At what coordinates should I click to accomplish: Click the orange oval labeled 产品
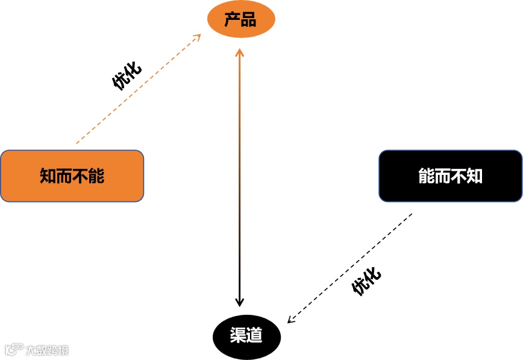[241, 20]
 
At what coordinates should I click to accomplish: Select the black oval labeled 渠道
[247, 335]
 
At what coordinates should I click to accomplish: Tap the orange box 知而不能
[72, 175]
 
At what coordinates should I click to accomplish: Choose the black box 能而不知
[451, 175]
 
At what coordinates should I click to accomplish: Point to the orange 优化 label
[127, 75]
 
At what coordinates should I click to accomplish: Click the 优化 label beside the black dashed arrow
[367, 281]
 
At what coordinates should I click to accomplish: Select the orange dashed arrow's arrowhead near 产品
[197, 37]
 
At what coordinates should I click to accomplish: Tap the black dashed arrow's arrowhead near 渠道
[290, 320]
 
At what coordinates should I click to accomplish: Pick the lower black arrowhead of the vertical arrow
[240, 303]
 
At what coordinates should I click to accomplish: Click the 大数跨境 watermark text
[47, 350]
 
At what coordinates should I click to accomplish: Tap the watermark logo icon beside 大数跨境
[13, 349]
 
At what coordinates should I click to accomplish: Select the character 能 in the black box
[427, 175]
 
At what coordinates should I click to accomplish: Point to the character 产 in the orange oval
[233, 20]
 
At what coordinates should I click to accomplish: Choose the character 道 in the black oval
[255, 335]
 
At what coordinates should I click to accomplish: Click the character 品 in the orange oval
[248, 20]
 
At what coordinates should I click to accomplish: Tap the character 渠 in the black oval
[238, 335]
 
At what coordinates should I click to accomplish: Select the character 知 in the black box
[475, 175]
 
